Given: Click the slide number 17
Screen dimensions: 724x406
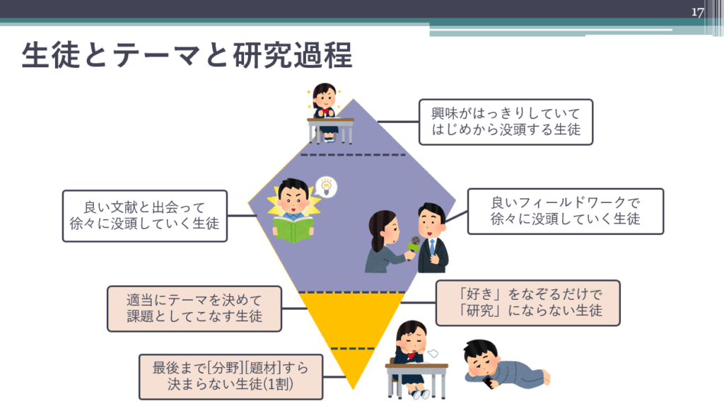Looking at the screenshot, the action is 697,12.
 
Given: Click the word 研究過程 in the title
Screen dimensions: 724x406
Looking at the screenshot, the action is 293,55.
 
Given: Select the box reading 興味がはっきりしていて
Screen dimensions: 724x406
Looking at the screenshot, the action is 506,122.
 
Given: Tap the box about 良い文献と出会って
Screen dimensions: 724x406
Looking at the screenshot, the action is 144,216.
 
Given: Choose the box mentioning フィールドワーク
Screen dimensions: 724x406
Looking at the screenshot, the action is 565,211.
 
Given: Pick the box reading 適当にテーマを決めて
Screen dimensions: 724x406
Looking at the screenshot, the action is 194,308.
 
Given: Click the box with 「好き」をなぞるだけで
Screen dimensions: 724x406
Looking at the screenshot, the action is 527,303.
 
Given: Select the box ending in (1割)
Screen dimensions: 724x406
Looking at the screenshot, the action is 231,376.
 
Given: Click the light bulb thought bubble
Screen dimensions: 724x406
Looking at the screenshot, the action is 326,187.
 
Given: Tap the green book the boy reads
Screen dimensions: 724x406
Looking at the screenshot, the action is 293,230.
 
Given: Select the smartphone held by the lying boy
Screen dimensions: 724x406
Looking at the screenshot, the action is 488,382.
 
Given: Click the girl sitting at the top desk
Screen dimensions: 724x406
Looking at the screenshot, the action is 325,112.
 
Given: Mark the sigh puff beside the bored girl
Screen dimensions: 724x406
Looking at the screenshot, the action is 433,354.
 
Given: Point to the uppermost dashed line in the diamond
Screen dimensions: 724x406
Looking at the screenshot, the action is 353,155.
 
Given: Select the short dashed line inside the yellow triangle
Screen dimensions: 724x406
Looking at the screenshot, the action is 353,349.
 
